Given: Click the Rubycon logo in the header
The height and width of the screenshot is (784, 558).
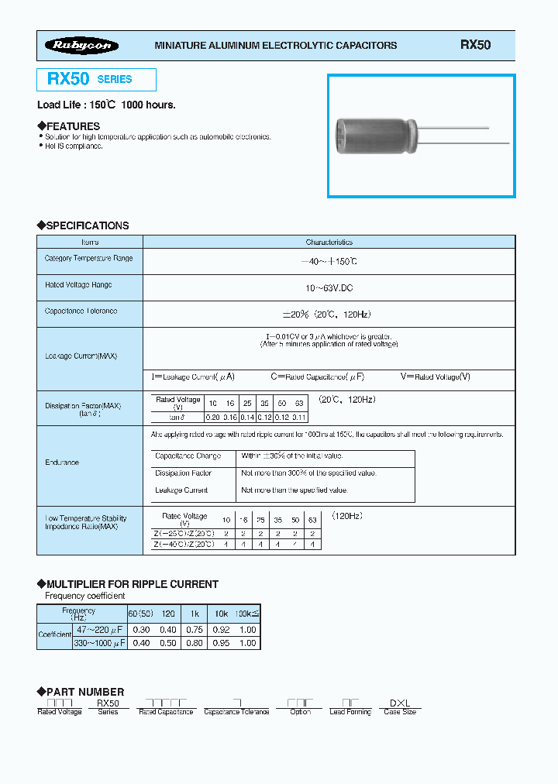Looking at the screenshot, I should [81, 46].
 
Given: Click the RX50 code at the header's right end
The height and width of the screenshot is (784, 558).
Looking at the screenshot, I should [475, 45].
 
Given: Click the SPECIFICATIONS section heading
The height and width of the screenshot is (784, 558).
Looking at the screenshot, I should [83, 225].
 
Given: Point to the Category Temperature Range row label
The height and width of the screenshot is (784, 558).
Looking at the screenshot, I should [88, 259].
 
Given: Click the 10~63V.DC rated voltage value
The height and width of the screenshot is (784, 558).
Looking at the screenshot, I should [329, 287].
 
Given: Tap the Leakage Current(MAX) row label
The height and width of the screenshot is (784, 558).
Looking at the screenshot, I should [81, 356].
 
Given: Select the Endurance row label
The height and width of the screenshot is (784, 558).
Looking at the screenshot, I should [62, 462].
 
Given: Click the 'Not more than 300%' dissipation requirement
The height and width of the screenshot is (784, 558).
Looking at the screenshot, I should [308, 473].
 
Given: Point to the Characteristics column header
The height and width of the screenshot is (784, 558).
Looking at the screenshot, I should [329, 242].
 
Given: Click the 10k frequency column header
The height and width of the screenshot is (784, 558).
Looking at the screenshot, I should [221, 613].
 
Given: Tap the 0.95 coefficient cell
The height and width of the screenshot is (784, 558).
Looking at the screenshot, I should [221, 643].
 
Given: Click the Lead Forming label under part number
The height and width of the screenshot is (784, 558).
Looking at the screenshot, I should [350, 712].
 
